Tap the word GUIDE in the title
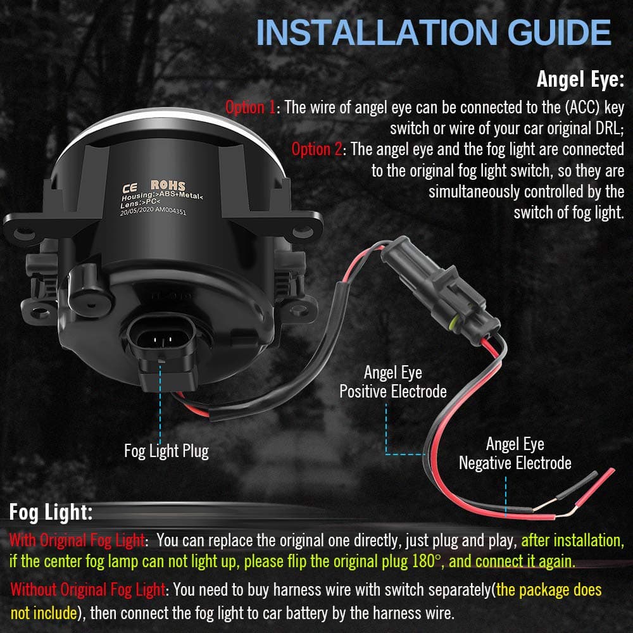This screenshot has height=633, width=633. point(559,32)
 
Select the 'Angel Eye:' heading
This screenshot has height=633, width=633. point(580,78)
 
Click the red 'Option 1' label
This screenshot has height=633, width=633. point(250,108)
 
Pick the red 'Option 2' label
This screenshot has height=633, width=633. point(317,149)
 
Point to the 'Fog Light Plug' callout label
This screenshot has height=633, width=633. point(166,451)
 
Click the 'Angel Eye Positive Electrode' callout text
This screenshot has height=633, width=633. point(393,382)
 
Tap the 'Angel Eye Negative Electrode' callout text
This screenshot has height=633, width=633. point(515,453)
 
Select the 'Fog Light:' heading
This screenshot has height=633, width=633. point(51,512)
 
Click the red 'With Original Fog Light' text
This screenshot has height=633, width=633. point(77,540)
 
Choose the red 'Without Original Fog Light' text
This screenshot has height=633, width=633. point(87,589)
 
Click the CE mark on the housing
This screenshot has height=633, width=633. point(130,188)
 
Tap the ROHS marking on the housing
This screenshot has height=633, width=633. point(168,185)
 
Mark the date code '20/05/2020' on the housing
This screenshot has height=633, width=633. point(137,211)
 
